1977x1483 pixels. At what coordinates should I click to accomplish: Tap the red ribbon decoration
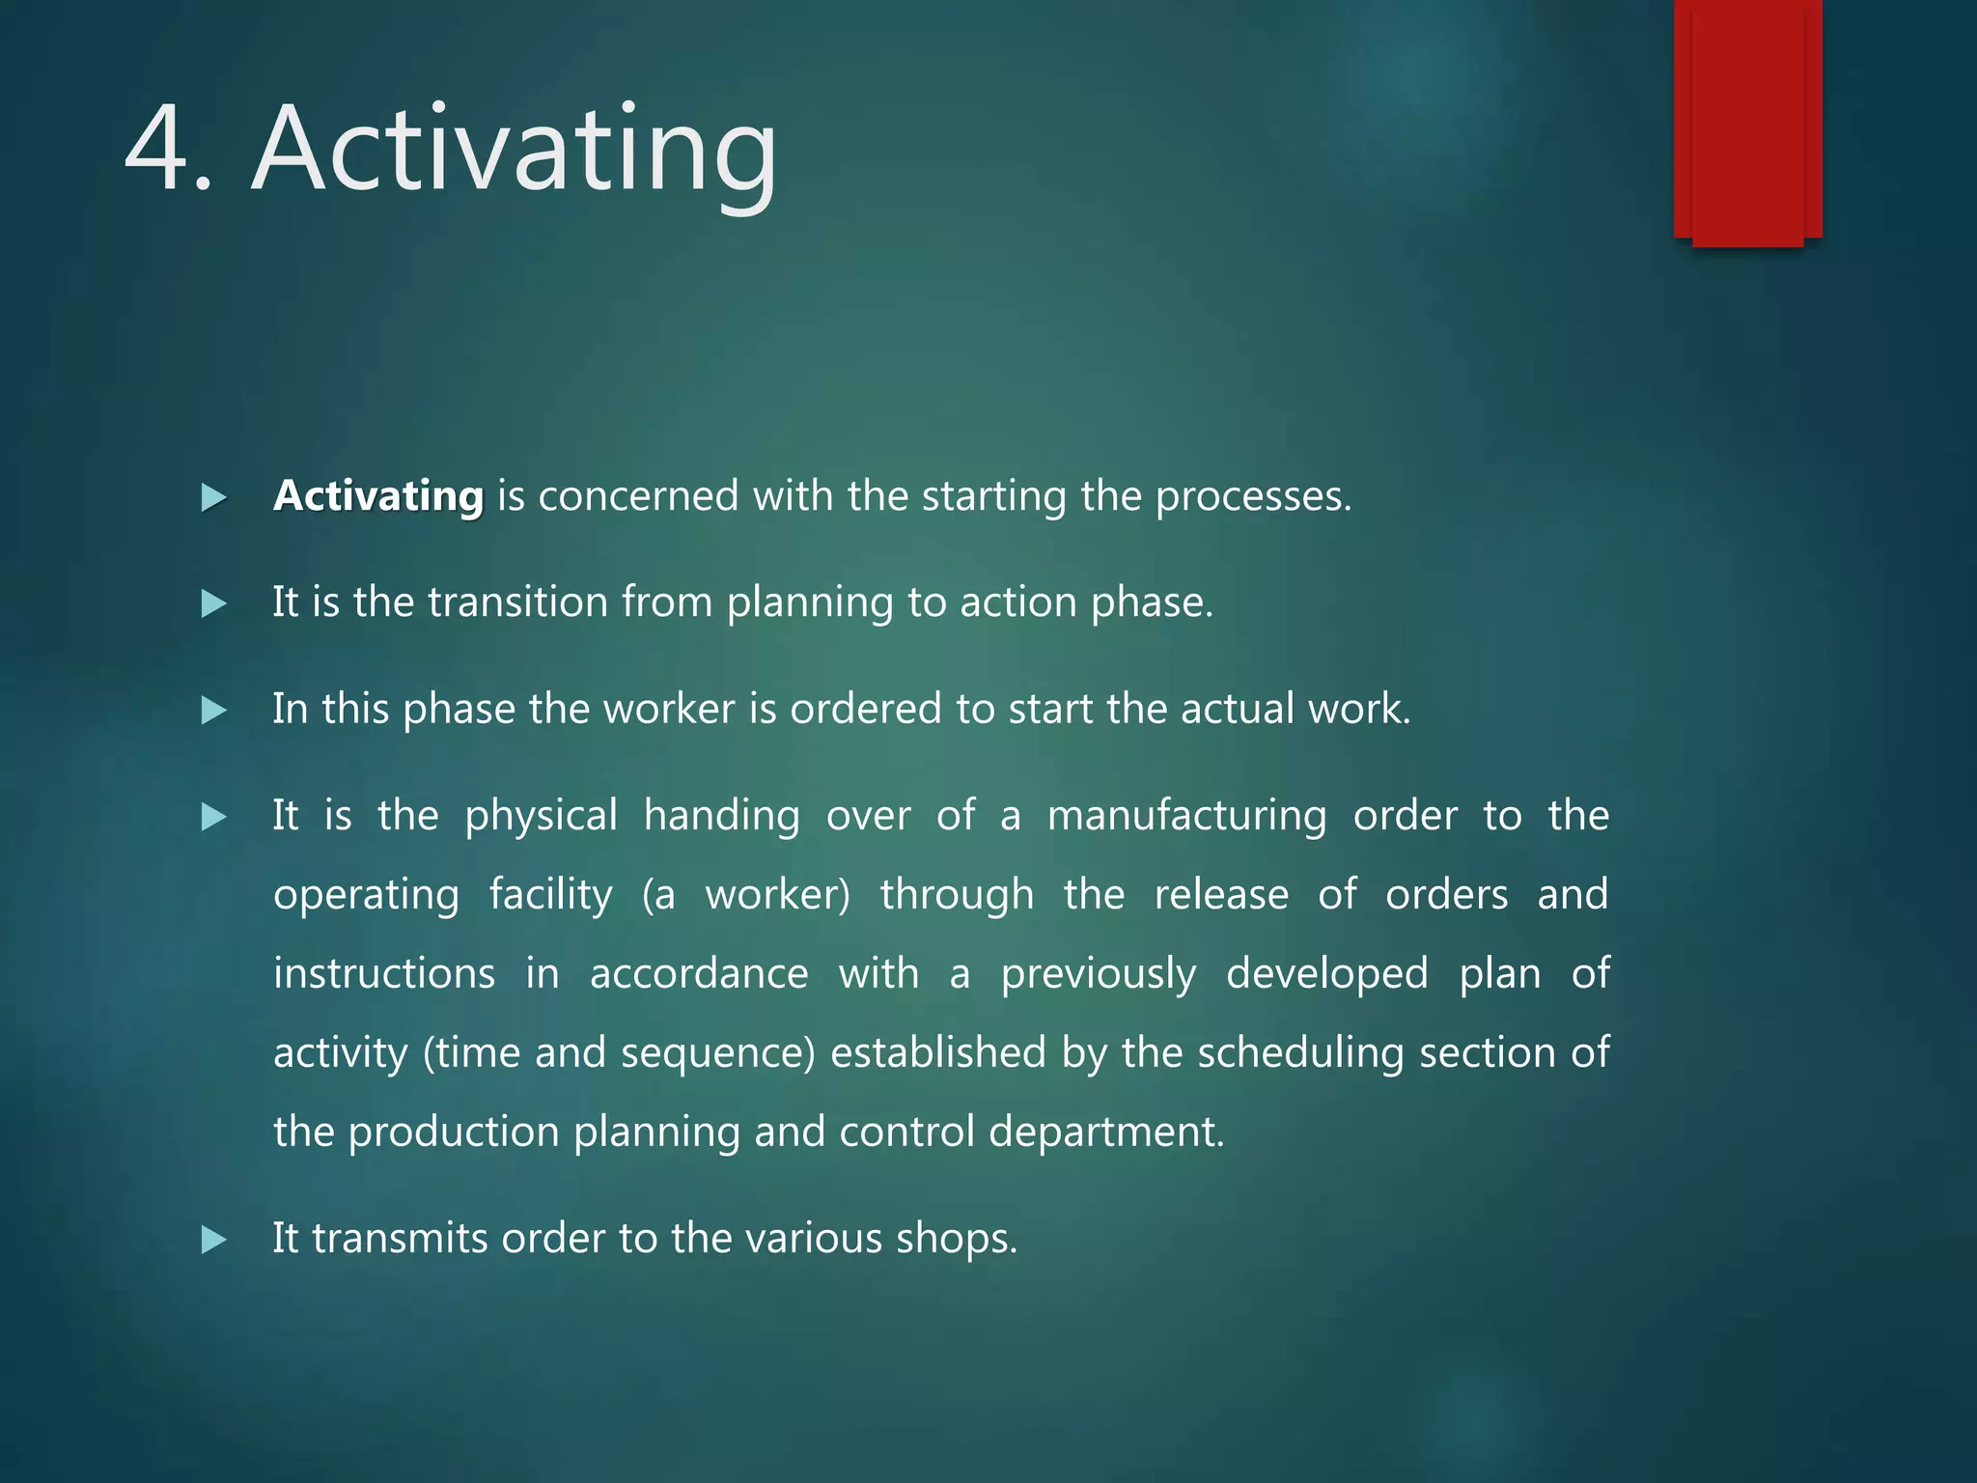1747,121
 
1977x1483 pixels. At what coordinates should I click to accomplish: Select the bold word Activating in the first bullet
378,496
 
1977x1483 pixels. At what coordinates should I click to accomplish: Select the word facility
550,896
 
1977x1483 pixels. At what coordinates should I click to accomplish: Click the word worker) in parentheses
778,895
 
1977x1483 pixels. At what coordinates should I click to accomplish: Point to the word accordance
699,973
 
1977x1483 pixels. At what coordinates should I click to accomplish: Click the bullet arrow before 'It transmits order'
213,1240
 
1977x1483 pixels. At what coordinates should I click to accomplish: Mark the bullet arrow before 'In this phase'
213,712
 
